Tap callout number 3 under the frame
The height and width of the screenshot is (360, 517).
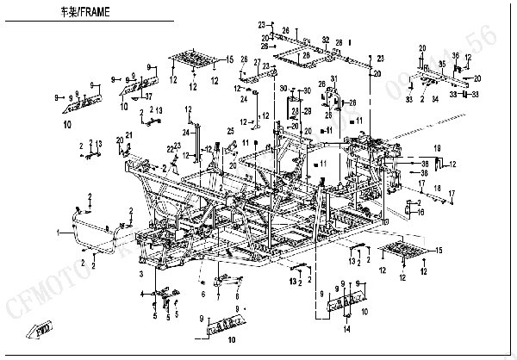tap(141, 272)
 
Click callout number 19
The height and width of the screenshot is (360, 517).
tap(437, 147)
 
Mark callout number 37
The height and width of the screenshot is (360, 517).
tap(148, 96)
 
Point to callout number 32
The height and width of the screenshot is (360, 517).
tap(326, 40)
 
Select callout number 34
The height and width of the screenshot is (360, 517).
tap(435, 100)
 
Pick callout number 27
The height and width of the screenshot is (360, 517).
tap(256, 62)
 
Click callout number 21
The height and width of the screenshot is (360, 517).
tap(129, 134)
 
